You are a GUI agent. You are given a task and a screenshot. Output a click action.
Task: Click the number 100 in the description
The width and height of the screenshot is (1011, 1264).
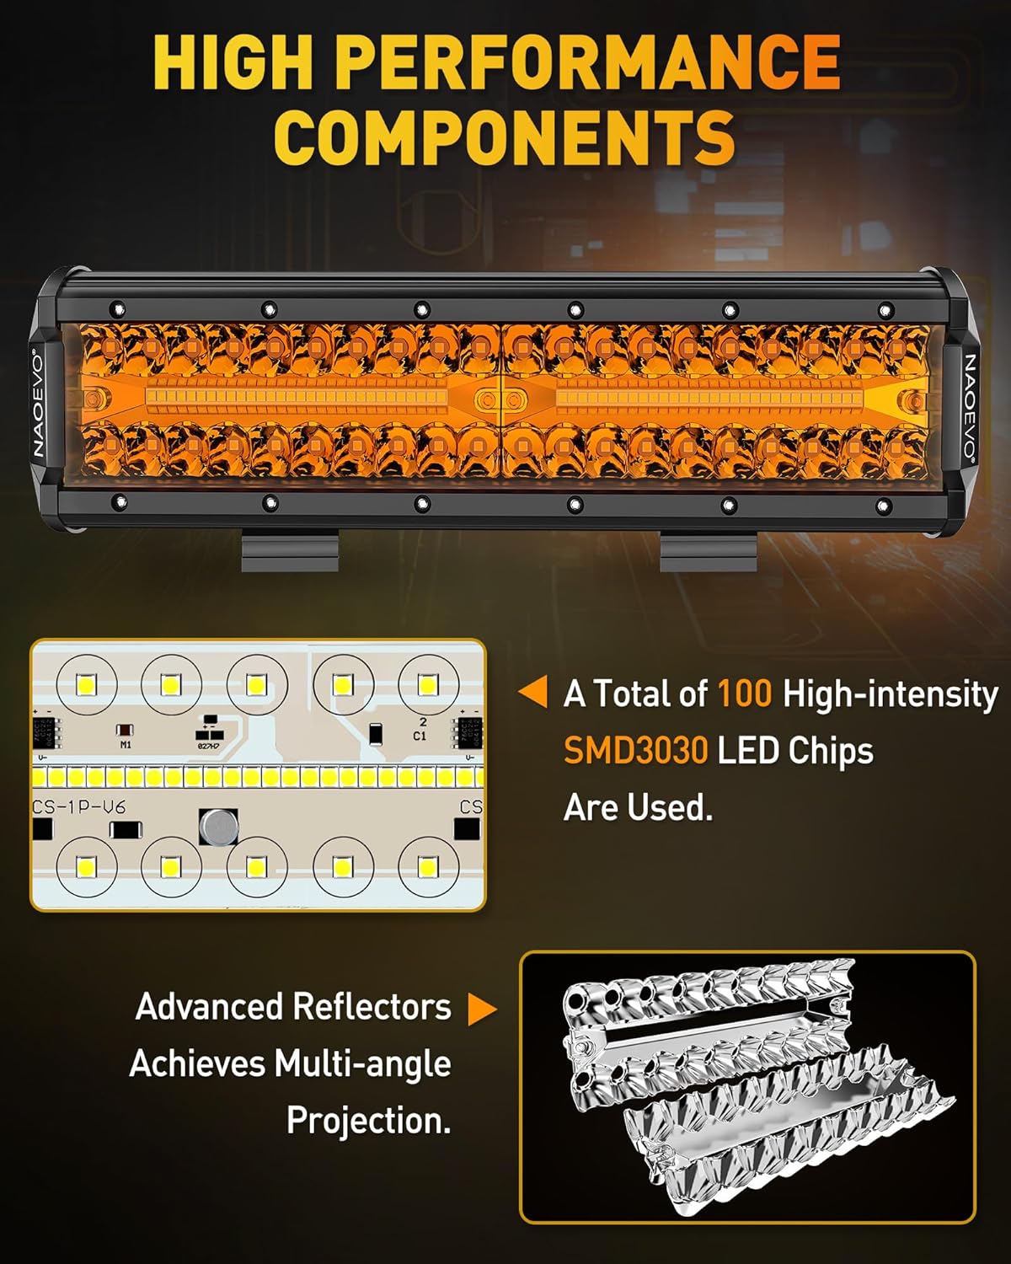pos(744,694)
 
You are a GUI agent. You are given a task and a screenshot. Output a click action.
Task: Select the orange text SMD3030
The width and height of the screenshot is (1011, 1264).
pos(635,750)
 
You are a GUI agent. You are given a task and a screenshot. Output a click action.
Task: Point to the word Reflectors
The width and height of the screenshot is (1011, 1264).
pos(372,1007)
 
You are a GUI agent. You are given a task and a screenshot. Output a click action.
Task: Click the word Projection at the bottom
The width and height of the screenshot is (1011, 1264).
pos(368,1121)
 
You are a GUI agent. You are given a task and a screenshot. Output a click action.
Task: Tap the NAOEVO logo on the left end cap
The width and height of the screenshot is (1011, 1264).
pos(40,404)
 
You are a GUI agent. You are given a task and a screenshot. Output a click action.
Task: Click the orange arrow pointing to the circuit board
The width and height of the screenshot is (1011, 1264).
pos(533,693)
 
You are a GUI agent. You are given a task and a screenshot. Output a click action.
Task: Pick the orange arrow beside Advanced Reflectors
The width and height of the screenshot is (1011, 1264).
pos(482,1009)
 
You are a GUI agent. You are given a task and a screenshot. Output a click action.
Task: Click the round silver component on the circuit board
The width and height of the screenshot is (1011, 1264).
pos(218,827)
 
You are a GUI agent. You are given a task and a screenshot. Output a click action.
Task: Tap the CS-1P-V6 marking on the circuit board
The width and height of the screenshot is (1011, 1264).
pos(78,807)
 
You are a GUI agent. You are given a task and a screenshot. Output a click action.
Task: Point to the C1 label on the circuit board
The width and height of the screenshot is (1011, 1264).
pos(420,736)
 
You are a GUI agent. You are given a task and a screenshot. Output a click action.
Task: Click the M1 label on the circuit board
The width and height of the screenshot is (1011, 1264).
pos(126,745)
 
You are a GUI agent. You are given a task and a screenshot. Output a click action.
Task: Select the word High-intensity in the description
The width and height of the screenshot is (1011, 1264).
pos(890,694)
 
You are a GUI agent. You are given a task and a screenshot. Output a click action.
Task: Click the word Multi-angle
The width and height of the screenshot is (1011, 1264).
pos(361,1063)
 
